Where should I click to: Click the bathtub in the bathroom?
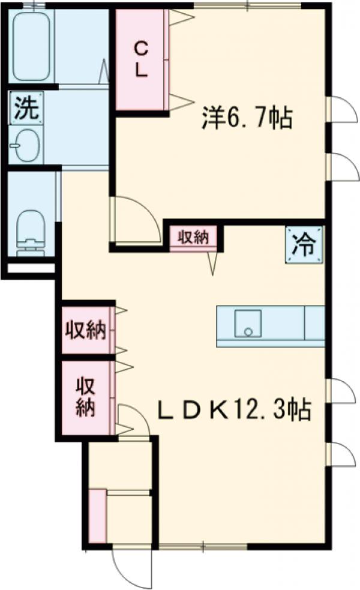[32, 45]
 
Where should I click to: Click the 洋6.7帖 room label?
[247, 118]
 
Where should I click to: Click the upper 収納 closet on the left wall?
[85, 330]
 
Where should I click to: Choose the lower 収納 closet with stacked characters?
[85, 397]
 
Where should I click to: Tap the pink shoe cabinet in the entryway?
[97, 516]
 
